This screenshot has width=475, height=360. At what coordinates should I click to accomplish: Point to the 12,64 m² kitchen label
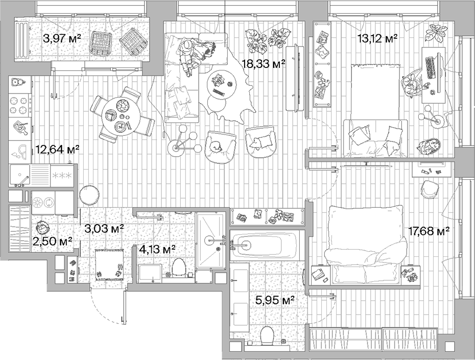pos(57,150)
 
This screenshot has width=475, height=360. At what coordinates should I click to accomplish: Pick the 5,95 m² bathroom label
pos(274,301)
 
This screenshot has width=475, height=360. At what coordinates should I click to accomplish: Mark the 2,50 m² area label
pos(52,241)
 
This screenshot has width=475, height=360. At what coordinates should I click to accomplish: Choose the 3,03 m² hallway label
pos(104,228)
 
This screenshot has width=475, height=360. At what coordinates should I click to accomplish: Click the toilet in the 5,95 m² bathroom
pos(267,337)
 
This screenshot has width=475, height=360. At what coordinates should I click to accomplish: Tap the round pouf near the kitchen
pos(90,195)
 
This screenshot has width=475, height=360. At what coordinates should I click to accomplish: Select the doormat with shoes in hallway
pos(109,266)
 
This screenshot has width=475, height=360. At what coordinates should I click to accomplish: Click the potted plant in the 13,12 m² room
pos(435,33)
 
